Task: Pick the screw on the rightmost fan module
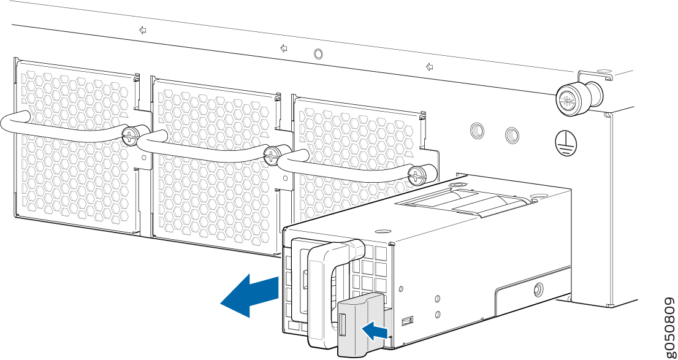coord(417,174)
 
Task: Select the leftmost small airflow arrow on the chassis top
coord(143,30)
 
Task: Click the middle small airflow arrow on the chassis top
coord(284,48)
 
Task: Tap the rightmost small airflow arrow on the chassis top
coord(429,67)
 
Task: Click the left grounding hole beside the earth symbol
coord(477,130)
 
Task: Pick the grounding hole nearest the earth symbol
coord(511,136)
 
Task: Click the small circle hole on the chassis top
coord(318,53)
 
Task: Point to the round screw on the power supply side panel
coord(538,288)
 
